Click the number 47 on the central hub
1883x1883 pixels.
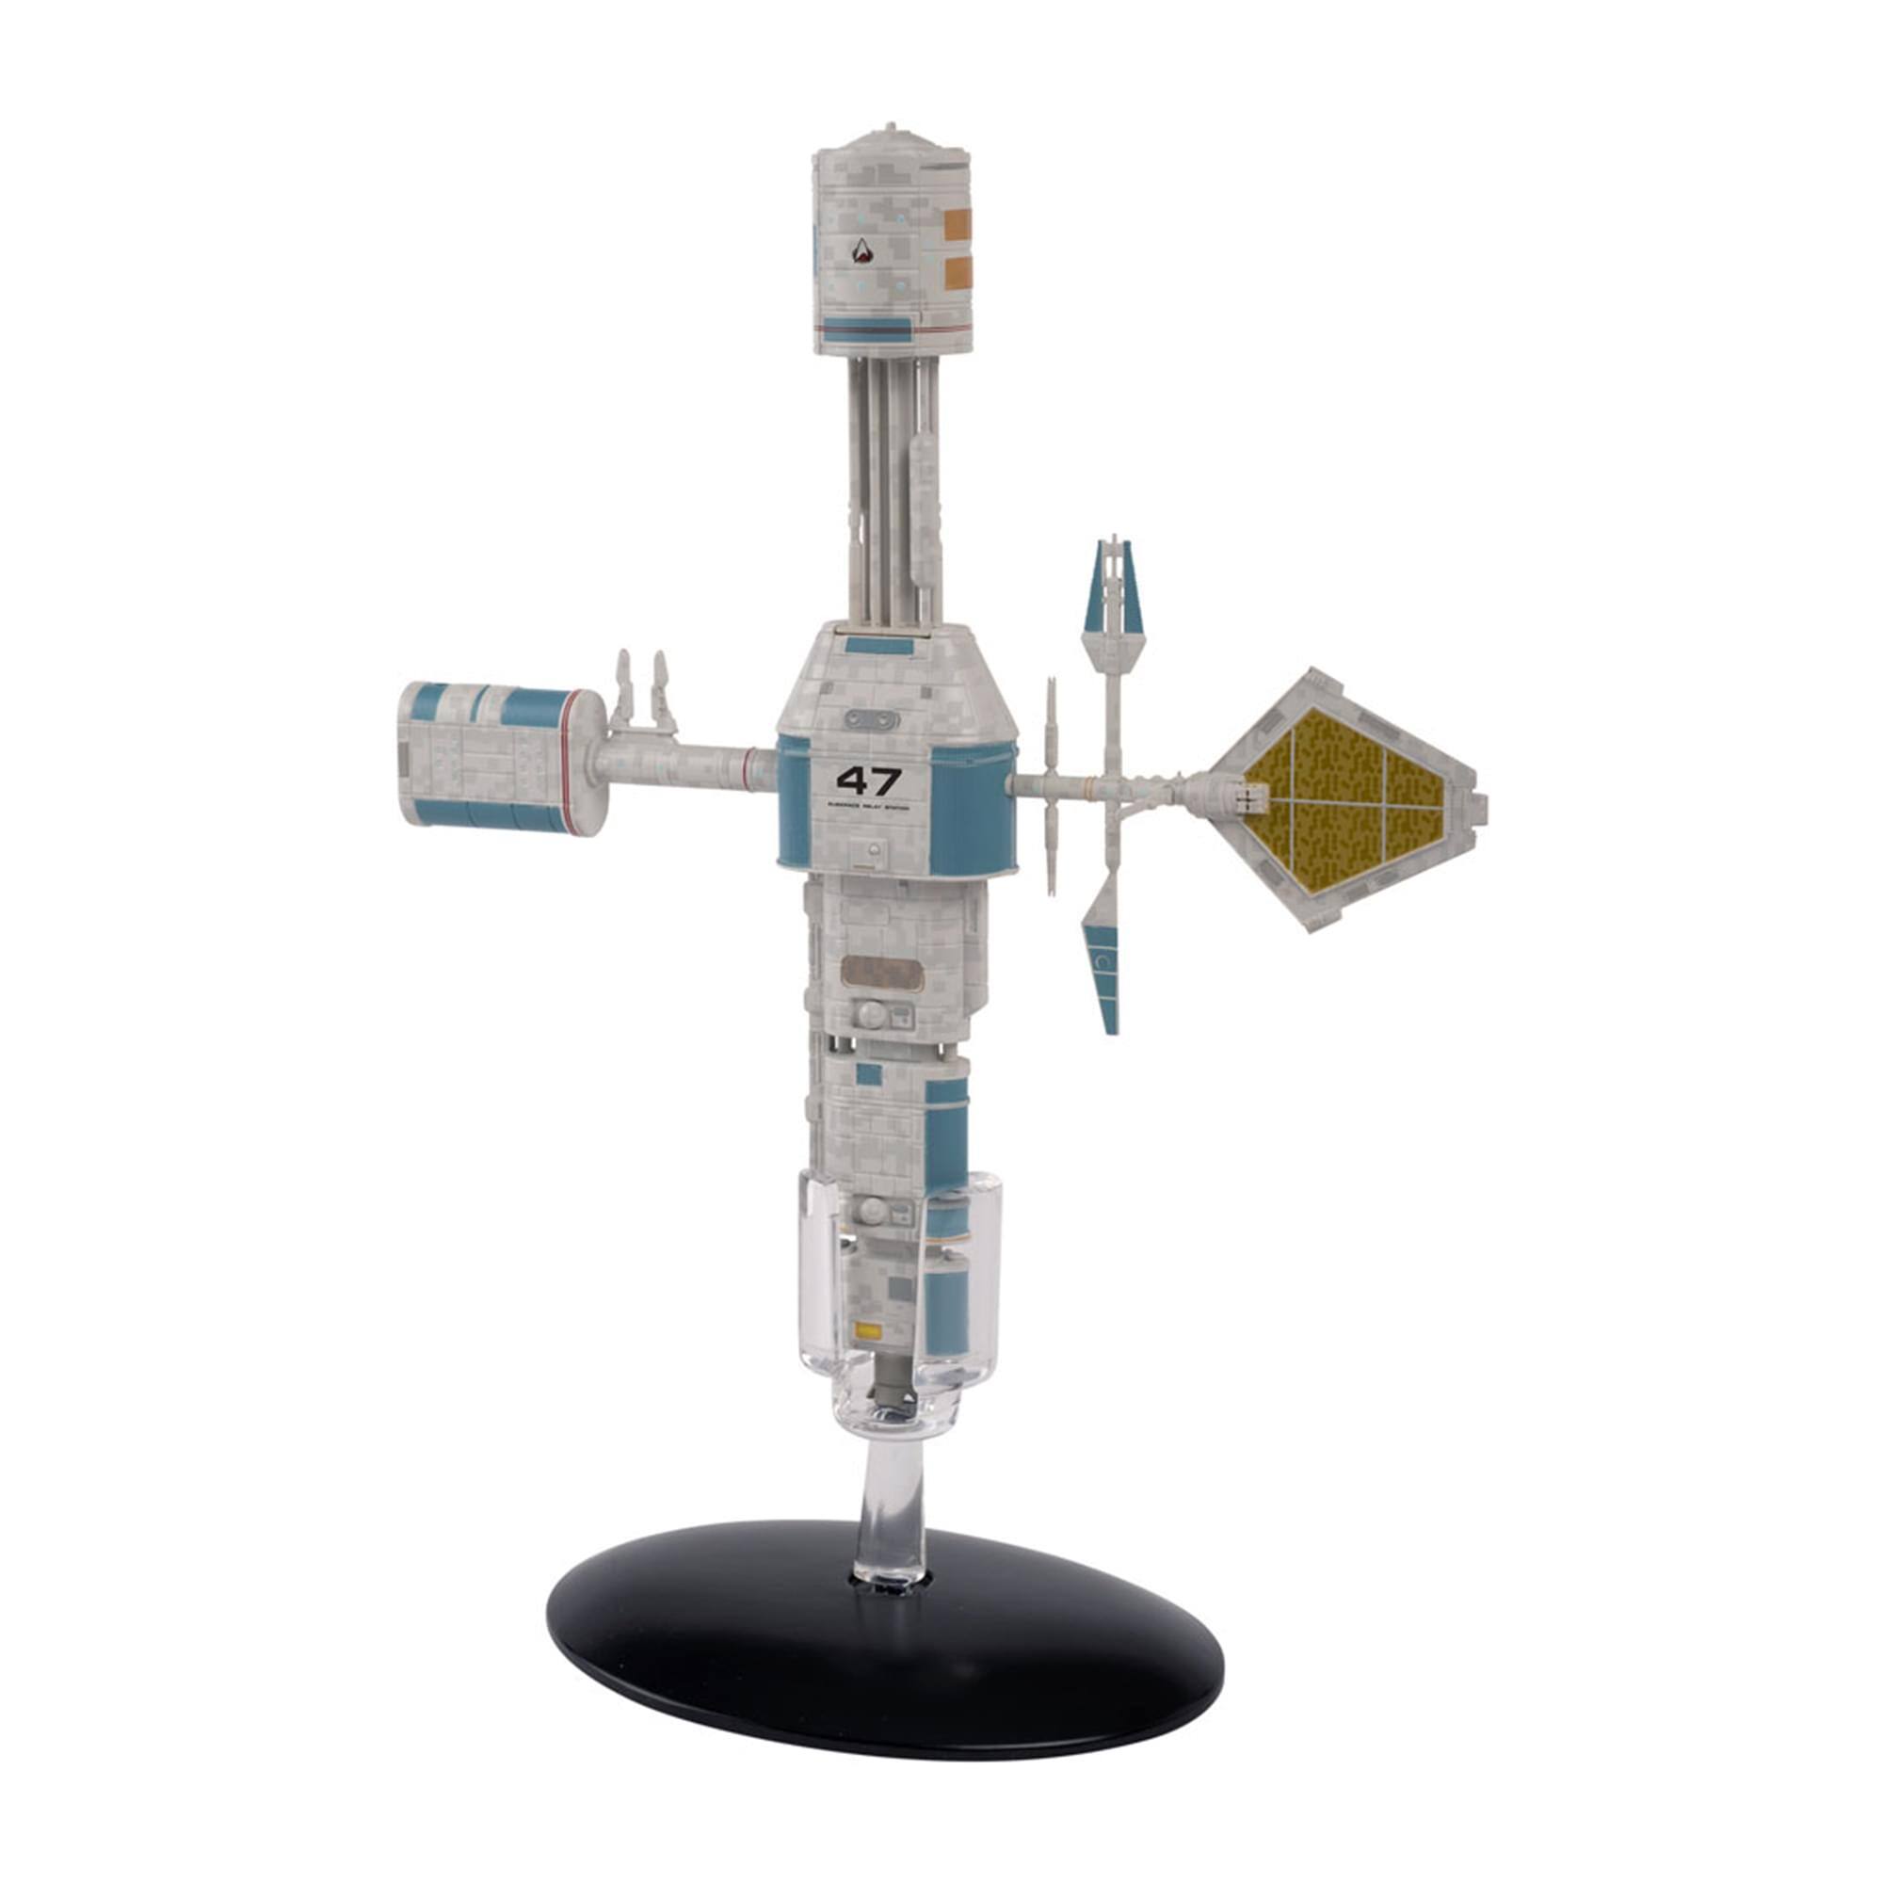click(868, 781)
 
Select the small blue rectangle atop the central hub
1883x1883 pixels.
click(882, 644)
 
